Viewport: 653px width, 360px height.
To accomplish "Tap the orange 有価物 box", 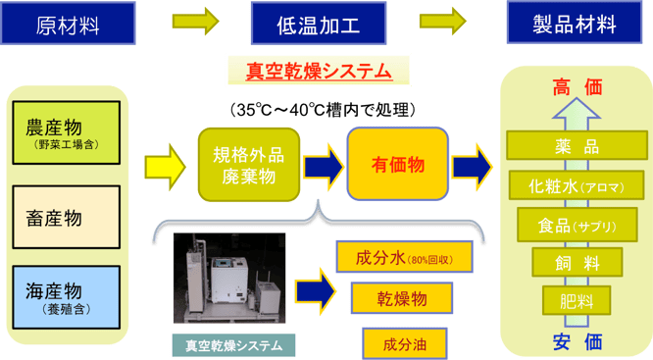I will [x=399, y=164].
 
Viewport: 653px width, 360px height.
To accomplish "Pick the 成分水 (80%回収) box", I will [x=405, y=256].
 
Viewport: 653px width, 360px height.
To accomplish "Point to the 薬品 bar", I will [x=577, y=147].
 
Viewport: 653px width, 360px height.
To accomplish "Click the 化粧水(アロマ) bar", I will [x=577, y=185].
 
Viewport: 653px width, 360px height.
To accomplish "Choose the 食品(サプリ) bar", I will [x=577, y=225].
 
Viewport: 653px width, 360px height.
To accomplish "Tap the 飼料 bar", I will [x=577, y=262].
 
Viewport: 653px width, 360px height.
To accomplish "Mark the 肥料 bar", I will [x=577, y=298].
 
